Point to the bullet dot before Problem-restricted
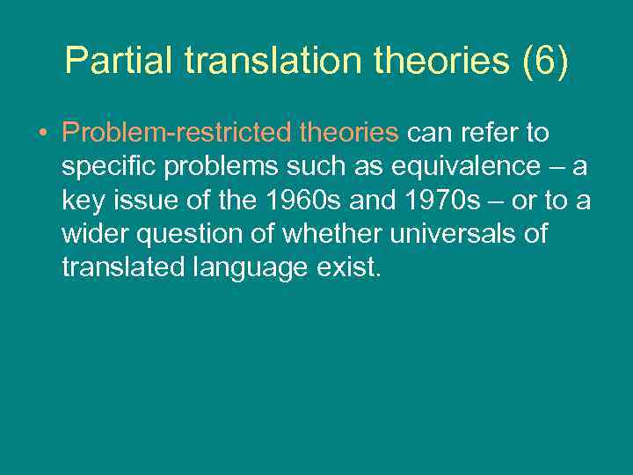pos(42,134)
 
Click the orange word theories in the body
pos(350,133)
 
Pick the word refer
pos(491,133)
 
